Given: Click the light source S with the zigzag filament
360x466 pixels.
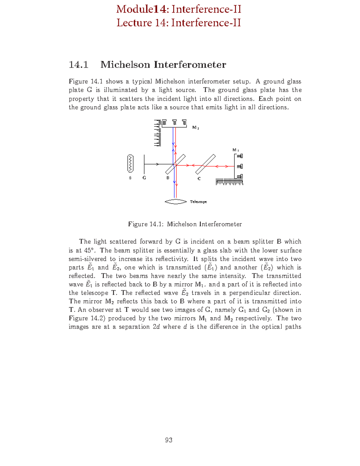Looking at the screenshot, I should (x=130, y=164).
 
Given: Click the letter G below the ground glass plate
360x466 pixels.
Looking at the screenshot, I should (x=144, y=178).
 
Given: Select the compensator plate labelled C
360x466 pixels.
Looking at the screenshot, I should (x=205, y=164).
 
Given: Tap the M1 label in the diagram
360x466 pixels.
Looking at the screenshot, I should (x=235, y=150).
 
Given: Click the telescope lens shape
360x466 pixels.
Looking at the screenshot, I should (x=176, y=202).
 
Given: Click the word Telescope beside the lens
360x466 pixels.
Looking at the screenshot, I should (x=198, y=202).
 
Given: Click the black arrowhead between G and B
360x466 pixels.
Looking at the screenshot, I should (x=157, y=164).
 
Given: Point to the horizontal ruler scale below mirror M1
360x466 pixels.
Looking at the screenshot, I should (x=229, y=182).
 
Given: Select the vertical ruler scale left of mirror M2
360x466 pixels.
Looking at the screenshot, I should (x=157, y=134).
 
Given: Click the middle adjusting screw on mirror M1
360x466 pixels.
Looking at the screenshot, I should (x=240, y=166).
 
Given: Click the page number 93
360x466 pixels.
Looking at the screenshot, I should (x=169, y=440).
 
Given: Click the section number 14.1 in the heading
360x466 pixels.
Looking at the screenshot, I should (x=78, y=65).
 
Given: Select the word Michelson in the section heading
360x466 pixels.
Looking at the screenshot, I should (x=125, y=65).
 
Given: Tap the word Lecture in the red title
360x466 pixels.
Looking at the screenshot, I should (x=134, y=23).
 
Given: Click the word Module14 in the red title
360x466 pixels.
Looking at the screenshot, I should (x=142, y=9).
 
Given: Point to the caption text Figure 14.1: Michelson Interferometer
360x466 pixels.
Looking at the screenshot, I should (x=185, y=224).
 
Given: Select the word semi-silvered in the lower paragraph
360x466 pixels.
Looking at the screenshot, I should (x=87, y=259).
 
